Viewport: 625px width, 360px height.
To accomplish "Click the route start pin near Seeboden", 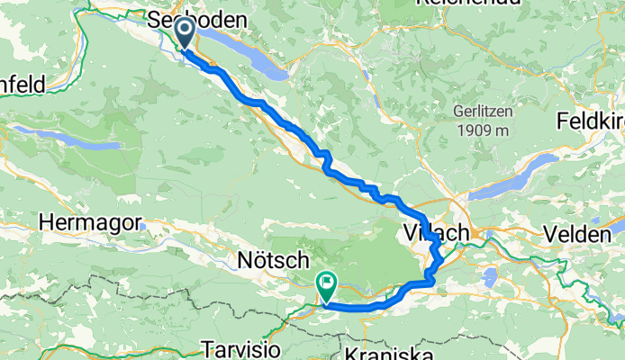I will (184, 34).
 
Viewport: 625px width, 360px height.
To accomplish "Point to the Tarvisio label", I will (232, 348).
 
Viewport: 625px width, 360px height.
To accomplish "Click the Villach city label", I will (444, 232).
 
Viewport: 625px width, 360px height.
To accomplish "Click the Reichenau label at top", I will (468, 4).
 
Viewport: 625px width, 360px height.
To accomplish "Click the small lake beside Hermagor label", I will (144, 226).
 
